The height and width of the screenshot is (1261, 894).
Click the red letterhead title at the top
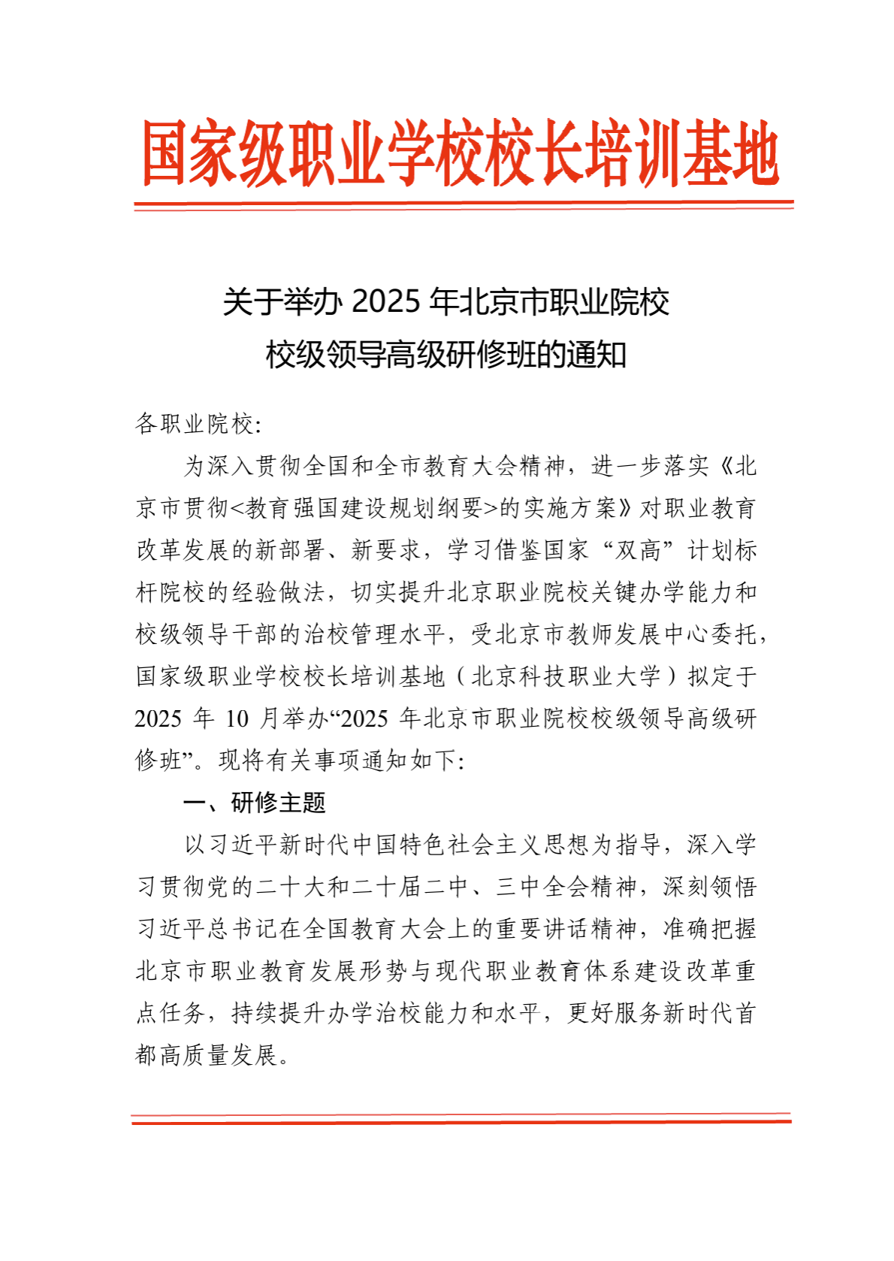tap(460, 153)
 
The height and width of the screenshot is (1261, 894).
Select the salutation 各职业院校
tap(195, 425)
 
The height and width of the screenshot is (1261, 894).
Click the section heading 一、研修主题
tap(254, 803)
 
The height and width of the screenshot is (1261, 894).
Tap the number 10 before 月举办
tap(237, 719)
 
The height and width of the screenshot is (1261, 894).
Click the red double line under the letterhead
tap(464, 205)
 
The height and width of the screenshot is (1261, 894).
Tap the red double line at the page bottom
tap(461, 1119)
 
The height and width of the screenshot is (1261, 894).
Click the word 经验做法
tap(278, 593)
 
